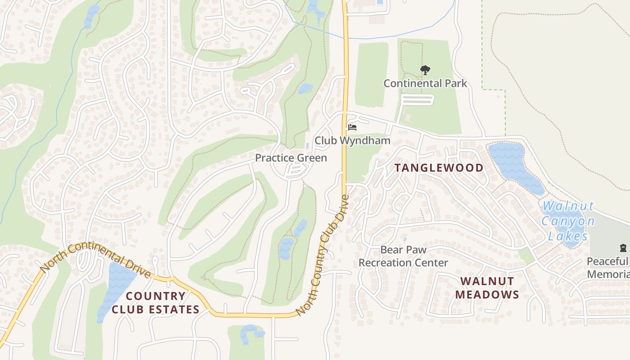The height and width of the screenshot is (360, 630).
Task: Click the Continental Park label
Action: click(425, 83)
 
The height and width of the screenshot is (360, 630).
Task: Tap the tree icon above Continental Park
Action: click(425, 70)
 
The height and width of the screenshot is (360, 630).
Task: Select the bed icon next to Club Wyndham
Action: click(352, 128)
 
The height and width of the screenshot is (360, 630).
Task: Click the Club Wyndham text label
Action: click(352, 140)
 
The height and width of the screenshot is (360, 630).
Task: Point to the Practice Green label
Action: click(291, 158)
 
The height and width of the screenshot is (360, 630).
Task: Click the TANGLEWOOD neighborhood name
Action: click(439, 168)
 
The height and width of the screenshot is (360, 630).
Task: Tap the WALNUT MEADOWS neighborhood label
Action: click(487, 288)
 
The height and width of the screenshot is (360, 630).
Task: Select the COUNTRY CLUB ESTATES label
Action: click(155, 302)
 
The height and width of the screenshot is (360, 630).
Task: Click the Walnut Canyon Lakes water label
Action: click(568, 221)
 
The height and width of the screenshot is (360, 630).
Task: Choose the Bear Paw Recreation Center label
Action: click(403, 256)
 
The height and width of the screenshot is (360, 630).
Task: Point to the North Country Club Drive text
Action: click(323, 256)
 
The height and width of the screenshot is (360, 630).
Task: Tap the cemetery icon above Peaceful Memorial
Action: click(623, 247)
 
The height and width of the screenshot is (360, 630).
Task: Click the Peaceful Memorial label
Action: click(607, 268)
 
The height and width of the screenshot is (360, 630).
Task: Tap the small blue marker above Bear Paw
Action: click(405, 239)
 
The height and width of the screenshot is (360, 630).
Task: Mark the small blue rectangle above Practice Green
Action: click(307, 146)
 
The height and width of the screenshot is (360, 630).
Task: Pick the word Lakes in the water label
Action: click(568, 236)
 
